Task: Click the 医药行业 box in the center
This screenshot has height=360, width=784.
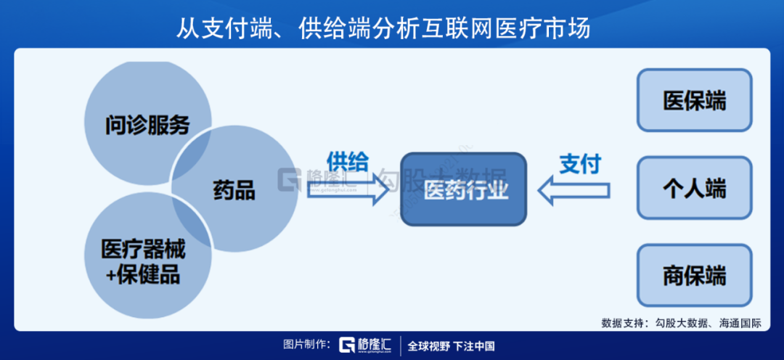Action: click(x=464, y=189)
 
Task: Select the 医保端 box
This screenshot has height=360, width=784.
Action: click(x=694, y=100)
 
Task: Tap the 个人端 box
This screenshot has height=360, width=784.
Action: click(x=694, y=189)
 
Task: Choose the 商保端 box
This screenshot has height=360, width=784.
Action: click(x=694, y=276)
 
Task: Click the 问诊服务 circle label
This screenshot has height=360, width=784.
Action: click(x=147, y=125)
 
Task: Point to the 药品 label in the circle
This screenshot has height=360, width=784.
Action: click(x=234, y=191)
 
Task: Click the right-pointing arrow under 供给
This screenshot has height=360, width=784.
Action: click(x=347, y=189)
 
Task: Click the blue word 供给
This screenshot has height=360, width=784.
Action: click(x=347, y=160)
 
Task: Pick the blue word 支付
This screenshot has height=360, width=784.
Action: click(x=579, y=163)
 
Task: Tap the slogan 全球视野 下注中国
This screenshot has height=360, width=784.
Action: click(x=451, y=345)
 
